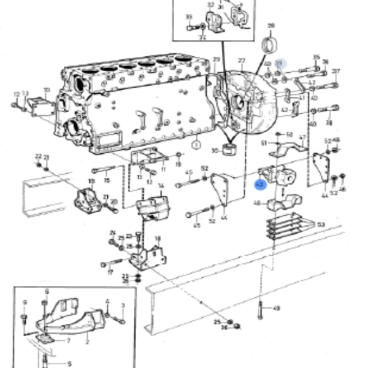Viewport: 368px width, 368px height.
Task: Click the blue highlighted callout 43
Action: pos(259,183)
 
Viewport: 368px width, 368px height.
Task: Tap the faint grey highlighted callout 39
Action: pos(279,63)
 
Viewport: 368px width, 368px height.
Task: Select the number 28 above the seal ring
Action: pos(271,25)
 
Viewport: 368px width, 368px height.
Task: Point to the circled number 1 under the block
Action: pos(196,145)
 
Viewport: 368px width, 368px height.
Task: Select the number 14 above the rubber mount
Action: pos(161,185)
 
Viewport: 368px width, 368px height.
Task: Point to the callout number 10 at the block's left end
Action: pos(47,91)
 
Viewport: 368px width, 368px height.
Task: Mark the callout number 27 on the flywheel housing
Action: pos(242,61)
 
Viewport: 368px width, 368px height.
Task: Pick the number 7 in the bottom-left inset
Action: pos(68,340)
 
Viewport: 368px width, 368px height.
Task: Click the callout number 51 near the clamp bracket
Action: pos(264,144)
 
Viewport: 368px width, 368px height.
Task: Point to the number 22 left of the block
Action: pos(37,156)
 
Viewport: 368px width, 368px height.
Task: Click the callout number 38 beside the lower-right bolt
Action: pos(329,123)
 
